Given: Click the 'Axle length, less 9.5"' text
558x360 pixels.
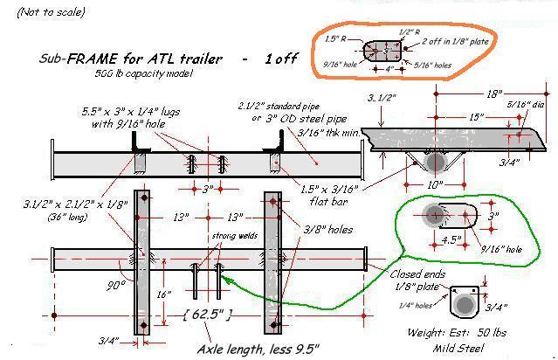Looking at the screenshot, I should coord(257,349).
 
